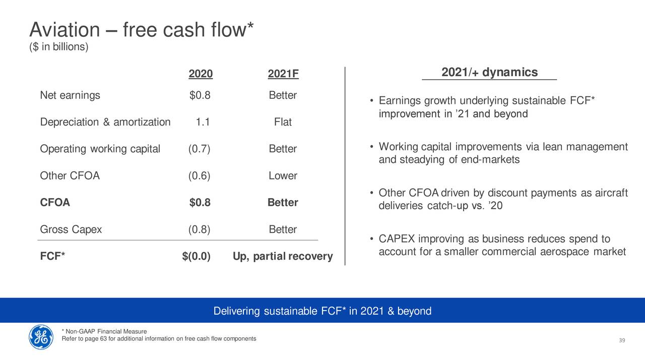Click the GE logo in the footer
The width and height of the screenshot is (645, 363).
tap(41, 337)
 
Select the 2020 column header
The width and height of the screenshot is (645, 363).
tap(201, 74)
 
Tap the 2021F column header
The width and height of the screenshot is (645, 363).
tap(283, 74)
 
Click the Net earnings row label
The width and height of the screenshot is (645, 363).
tap(70, 95)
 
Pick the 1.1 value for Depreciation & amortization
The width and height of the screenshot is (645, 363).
tap(203, 122)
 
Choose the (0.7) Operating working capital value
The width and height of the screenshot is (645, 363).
tap(199, 149)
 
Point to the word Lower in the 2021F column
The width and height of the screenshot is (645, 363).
tap(283, 176)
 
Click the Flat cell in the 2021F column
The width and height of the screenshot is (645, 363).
tap(283, 122)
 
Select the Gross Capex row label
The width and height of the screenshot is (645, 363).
tap(71, 229)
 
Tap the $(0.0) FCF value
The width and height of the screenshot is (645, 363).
tap(197, 256)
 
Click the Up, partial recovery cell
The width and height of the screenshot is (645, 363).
tap(283, 257)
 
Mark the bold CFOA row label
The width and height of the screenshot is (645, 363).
tap(55, 203)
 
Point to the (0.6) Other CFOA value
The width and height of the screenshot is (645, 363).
tap(199, 176)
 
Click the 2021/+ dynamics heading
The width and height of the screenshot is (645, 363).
tap(489, 72)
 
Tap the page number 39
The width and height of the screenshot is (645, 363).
tap(622, 340)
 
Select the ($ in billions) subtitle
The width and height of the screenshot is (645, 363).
tap(59, 47)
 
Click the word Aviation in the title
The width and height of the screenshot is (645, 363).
tap(65, 30)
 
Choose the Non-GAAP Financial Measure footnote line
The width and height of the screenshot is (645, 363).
tap(104, 331)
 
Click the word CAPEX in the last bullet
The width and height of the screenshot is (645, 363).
tap(397, 239)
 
